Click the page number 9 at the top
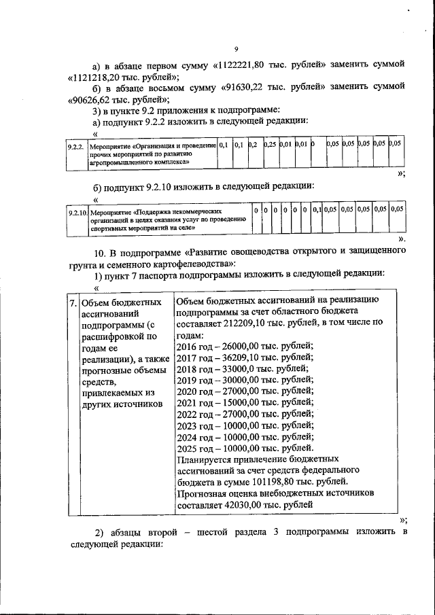pos(235,49)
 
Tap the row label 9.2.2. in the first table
pos(75,145)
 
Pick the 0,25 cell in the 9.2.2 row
pos(270,145)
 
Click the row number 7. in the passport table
pos(73,301)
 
